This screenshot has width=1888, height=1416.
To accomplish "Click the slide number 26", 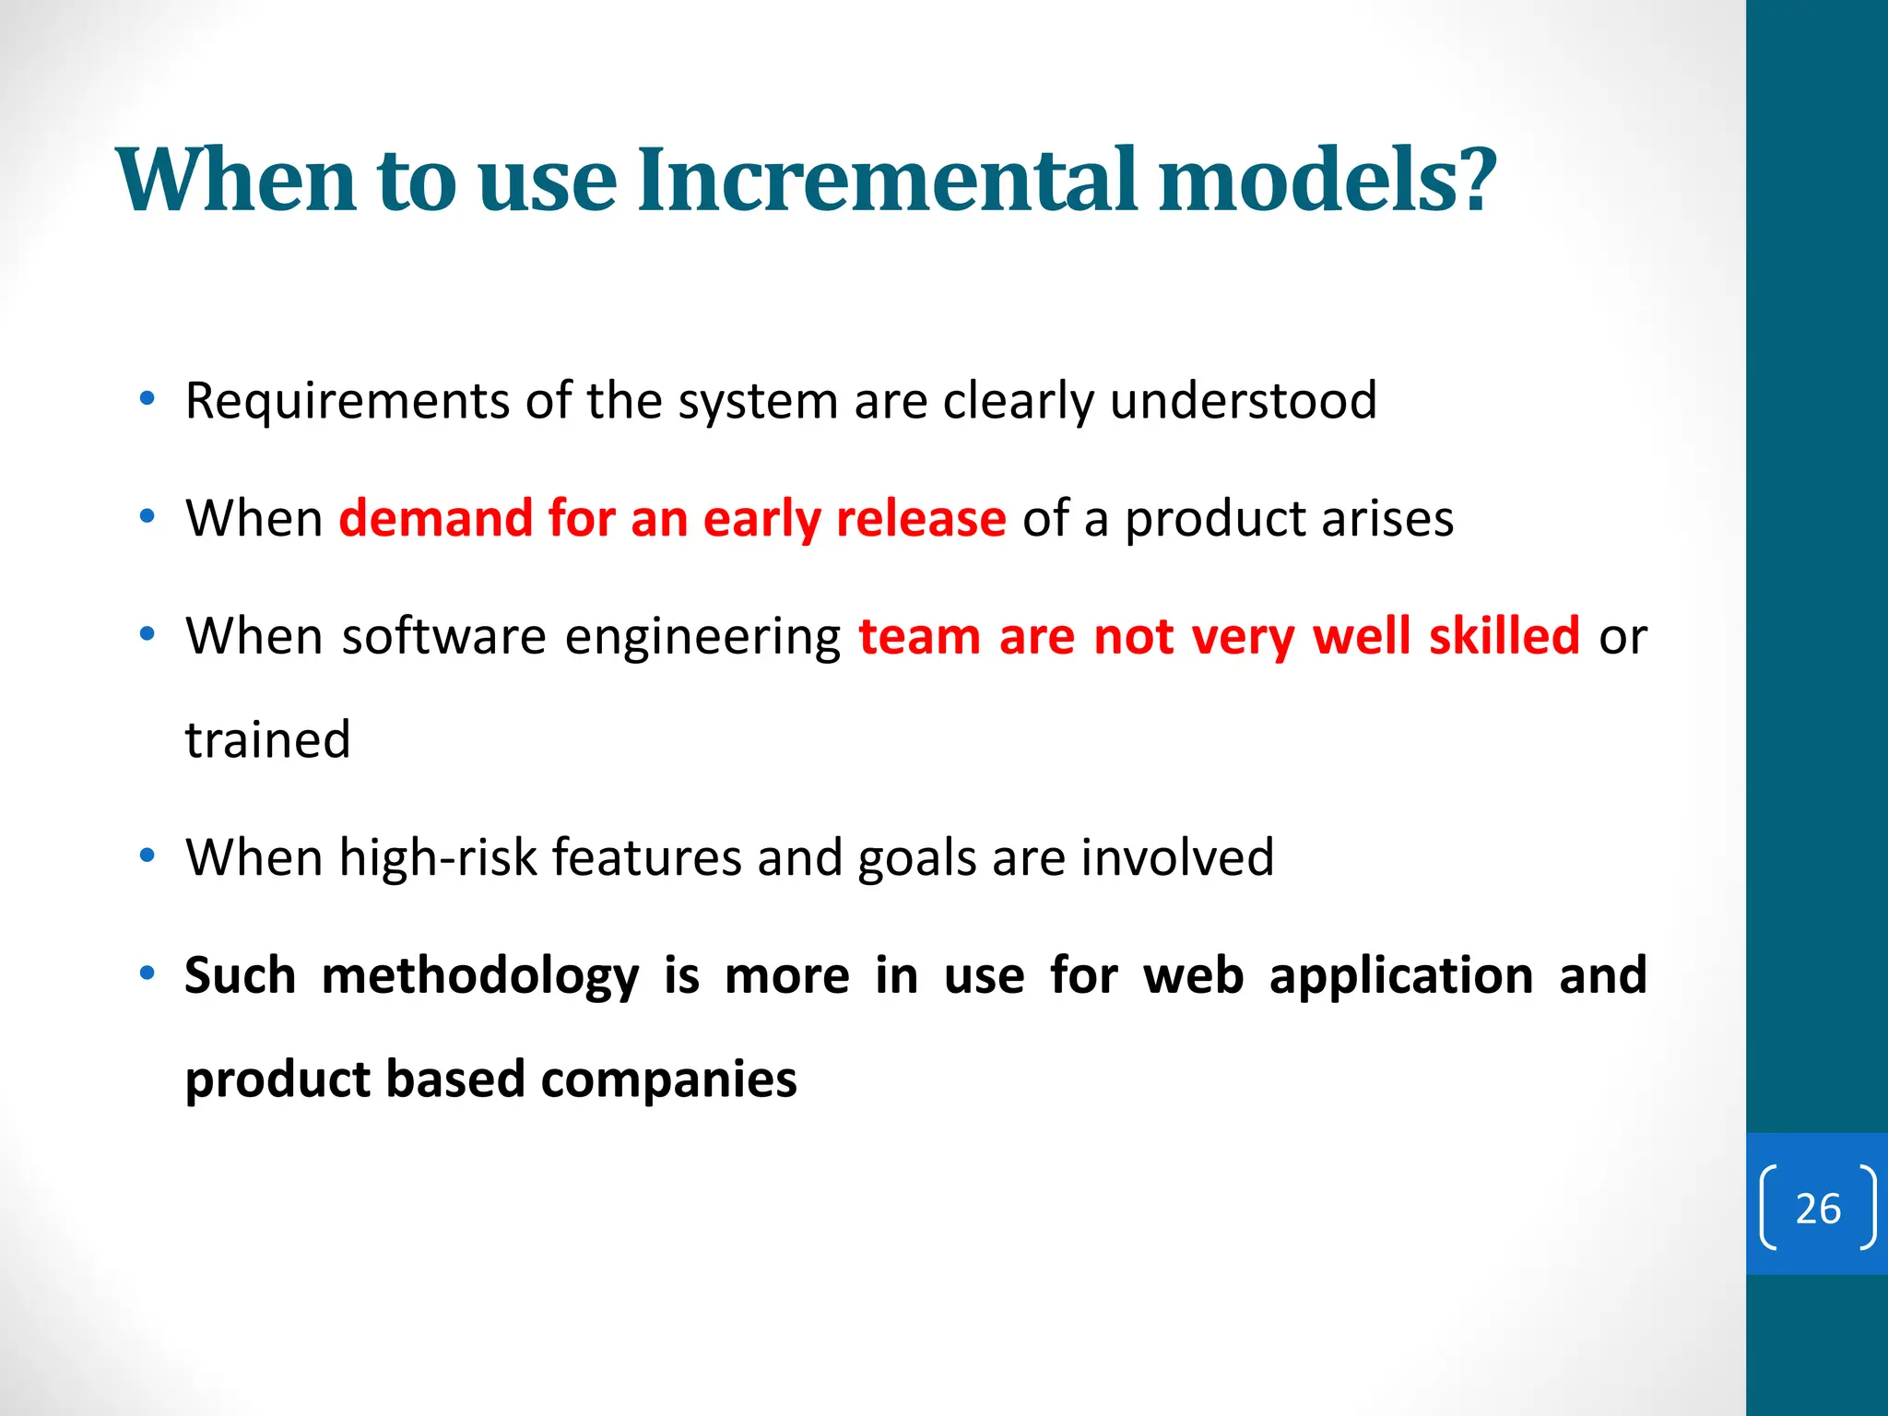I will [1818, 1209].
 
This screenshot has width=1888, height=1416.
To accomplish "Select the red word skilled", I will [1504, 636].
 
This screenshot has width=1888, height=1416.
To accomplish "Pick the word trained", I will [267, 739].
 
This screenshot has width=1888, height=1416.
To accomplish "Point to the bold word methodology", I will [479, 977].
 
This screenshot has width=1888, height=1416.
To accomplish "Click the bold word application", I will [1400, 977].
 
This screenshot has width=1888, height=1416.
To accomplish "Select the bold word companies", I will [668, 1080].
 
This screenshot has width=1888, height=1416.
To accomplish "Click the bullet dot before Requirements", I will [147, 400].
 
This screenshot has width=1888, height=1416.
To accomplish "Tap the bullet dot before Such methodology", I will [147, 974].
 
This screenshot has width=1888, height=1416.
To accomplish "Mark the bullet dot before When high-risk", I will [147, 856].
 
